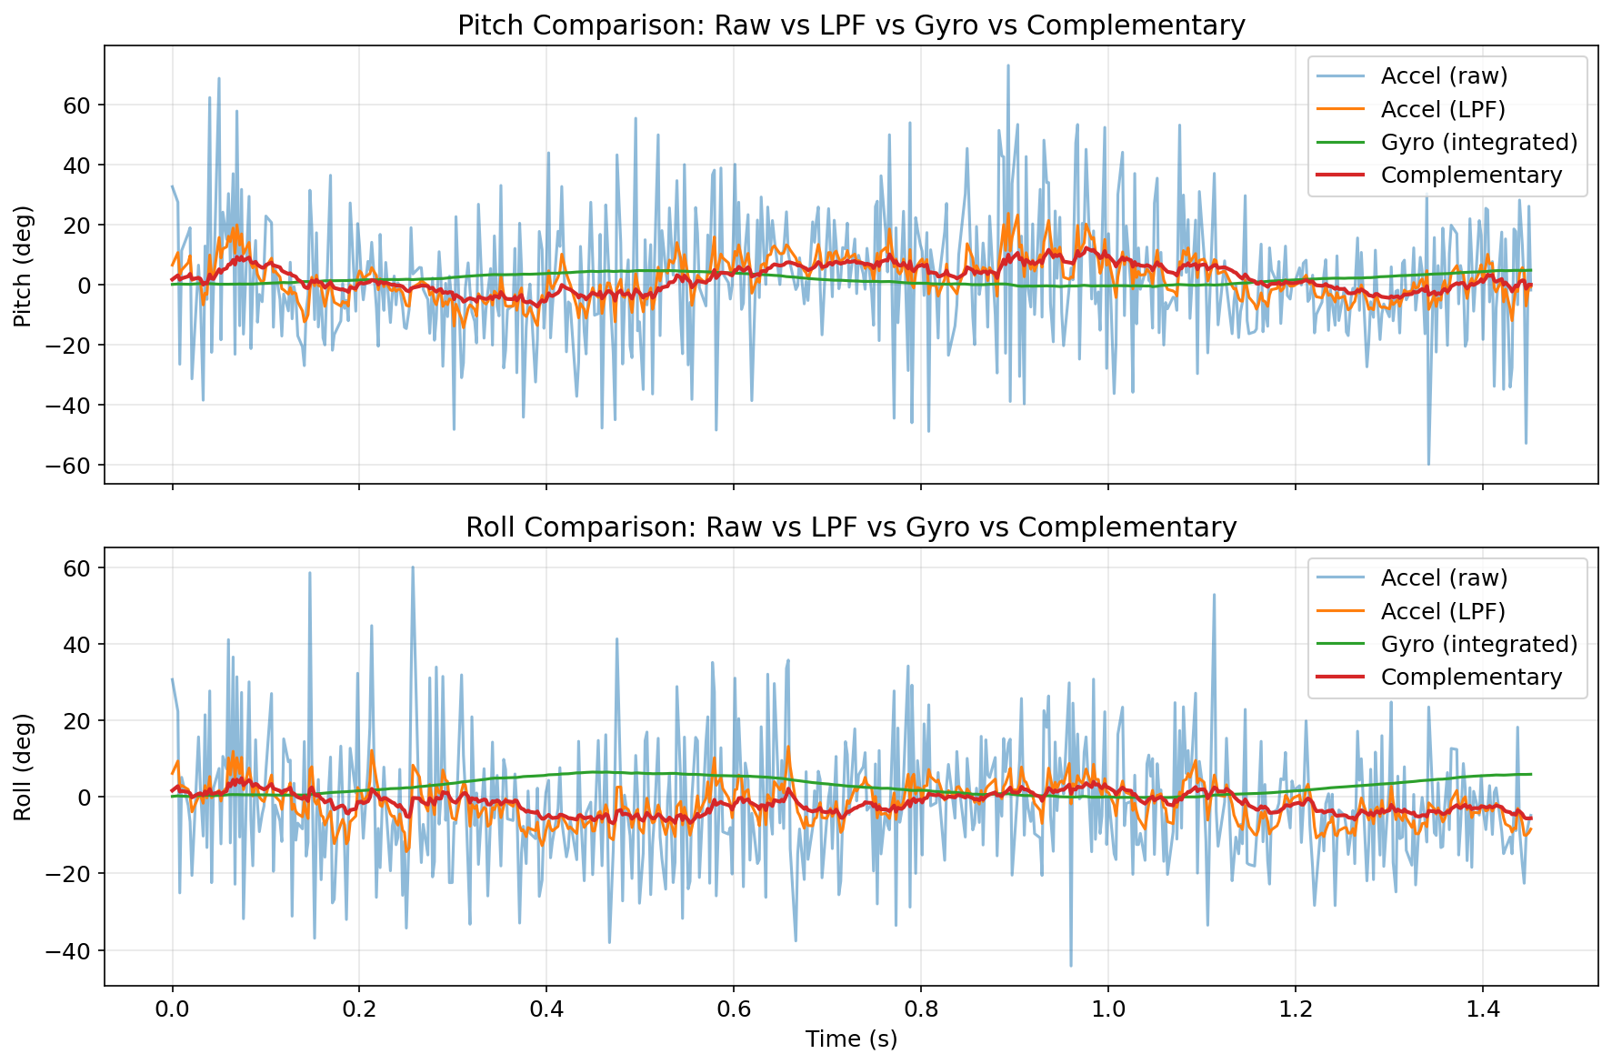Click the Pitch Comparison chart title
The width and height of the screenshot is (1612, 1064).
click(851, 25)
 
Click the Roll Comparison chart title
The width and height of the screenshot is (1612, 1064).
click(851, 527)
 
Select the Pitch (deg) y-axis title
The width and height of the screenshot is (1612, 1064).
click(23, 266)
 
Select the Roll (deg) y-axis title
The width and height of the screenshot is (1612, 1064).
click(23, 767)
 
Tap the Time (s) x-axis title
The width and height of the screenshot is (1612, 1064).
click(851, 1039)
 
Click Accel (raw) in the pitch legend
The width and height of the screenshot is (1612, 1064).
click(1444, 76)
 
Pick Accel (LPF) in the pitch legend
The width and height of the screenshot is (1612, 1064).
click(1443, 109)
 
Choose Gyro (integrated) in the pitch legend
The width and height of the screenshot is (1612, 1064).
click(1478, 142)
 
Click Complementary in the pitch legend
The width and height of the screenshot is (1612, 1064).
click(1471, 175)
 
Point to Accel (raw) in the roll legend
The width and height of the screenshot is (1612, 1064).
click(1444, 578)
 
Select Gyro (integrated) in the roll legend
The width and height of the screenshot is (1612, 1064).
click(1478, 644)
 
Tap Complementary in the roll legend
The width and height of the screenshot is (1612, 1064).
click(1471, 677)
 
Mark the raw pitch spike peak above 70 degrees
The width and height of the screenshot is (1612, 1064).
click(1007, 65)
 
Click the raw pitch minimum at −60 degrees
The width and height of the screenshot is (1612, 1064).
click(1428, 465)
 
